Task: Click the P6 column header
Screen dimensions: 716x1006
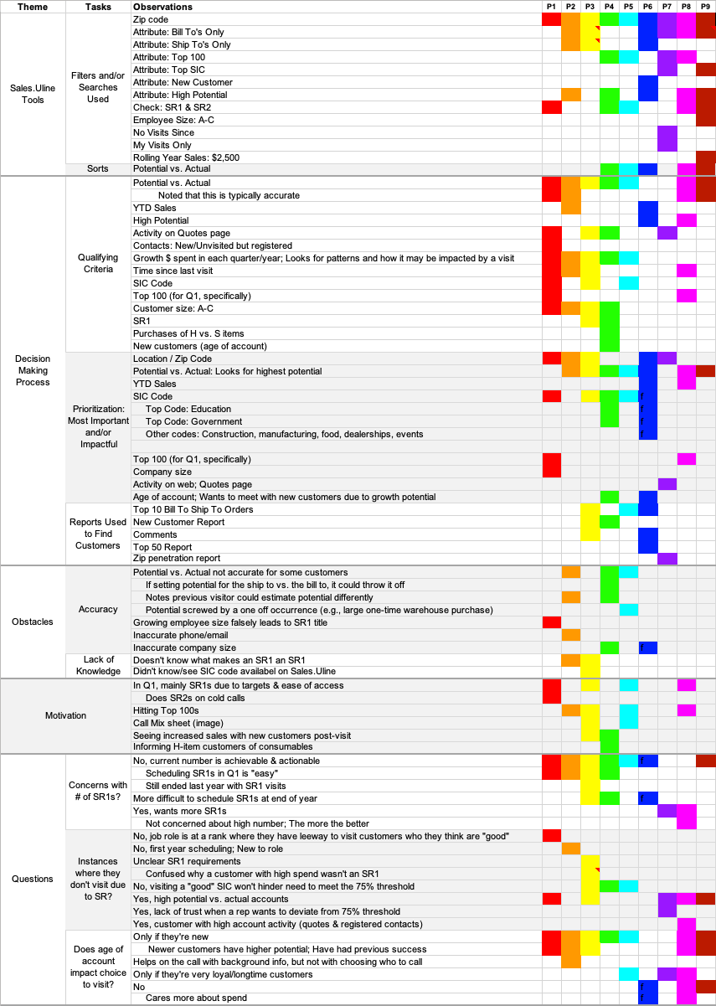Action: (647, 7)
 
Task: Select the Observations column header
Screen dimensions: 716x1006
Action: (162, 7)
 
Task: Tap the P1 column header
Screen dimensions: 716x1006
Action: (551, 7)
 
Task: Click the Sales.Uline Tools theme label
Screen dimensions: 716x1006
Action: (33, 94)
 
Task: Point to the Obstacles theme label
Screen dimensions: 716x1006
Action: (33, 622)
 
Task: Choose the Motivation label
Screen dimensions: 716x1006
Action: (65, 715)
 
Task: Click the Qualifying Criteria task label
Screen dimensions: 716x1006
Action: (98, 263)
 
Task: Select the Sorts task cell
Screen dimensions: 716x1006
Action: (98, 168)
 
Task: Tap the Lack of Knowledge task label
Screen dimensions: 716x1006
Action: (98, 665)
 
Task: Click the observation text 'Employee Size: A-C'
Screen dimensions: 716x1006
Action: (173, 120)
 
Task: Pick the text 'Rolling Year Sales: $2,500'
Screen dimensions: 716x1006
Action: (186, 157)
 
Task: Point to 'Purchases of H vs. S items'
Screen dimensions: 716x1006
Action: (188, 333)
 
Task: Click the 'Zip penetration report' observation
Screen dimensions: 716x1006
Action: (177, 558)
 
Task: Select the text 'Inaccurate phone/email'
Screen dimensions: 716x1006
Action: (180, 635)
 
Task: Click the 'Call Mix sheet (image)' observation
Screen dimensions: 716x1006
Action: (178, 723)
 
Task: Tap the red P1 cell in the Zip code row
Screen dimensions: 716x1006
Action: (551, 19)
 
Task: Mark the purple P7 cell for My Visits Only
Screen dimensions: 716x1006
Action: (667, 145)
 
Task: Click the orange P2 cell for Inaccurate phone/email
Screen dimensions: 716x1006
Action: (571, 635)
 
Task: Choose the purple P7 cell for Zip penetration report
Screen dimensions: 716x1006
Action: (667, 559)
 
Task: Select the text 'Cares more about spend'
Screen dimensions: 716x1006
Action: (196, 998)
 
